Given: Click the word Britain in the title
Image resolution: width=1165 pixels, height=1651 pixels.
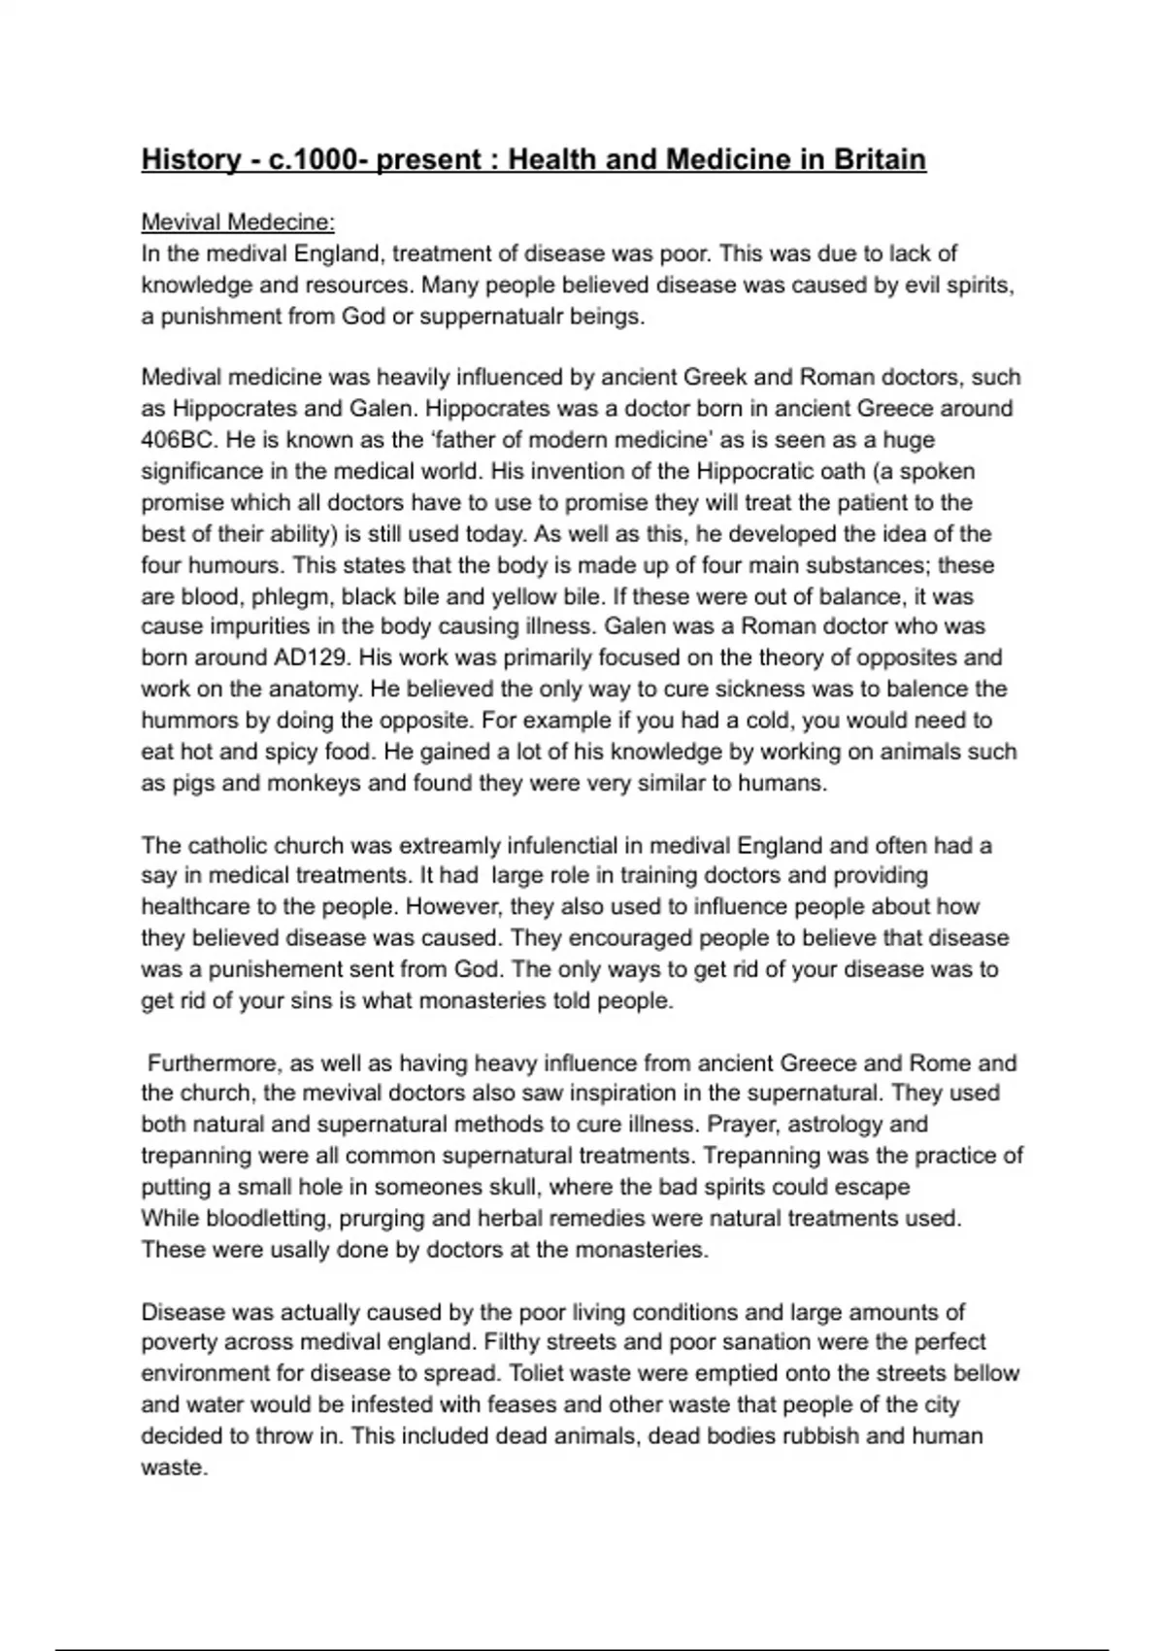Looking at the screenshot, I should pyautogui.click(x=879, y=159).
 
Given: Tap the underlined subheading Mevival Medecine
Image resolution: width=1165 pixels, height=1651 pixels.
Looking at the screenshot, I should pyautogui.click(x=238, y=222).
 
